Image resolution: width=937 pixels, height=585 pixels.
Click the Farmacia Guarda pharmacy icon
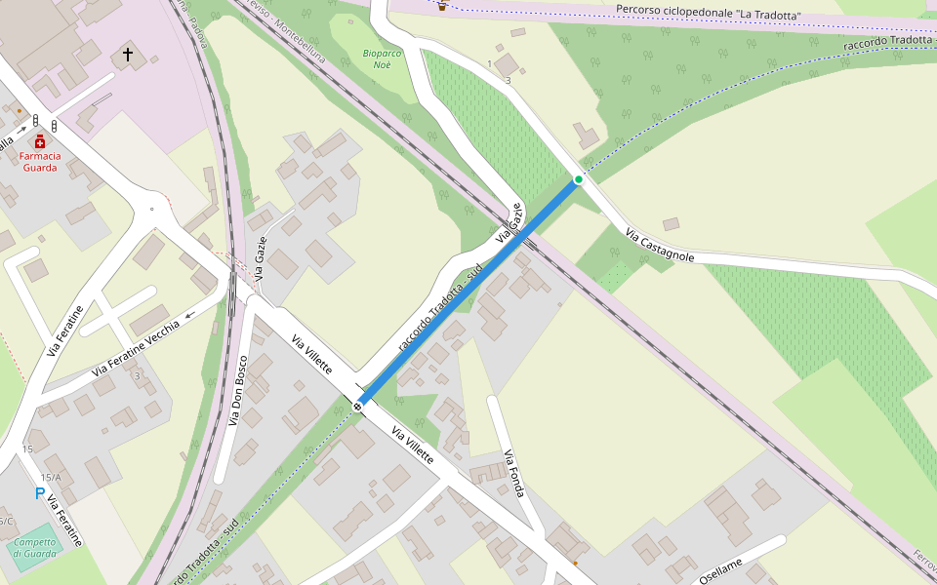coord(40,141)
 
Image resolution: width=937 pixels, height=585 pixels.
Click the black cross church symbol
coord(128,54)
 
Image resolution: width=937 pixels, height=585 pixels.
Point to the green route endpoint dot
coord(579,179)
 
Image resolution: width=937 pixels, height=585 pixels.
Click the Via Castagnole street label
coord(661,246)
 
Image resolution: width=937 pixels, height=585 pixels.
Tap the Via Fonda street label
coord(514,473)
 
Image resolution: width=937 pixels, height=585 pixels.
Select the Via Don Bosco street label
coord(238,389)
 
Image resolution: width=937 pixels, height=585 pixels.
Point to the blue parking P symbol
coord(40,493)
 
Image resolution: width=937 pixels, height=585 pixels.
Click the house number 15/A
coord(51,477)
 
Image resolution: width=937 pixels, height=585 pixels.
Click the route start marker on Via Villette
coord(359,405)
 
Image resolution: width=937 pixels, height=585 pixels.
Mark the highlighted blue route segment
coord(468,292)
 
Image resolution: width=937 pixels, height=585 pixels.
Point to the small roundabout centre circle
coord(151,209)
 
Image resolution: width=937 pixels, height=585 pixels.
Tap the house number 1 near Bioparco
coord(489,64)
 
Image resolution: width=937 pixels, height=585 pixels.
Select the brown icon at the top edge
coord(442,6)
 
